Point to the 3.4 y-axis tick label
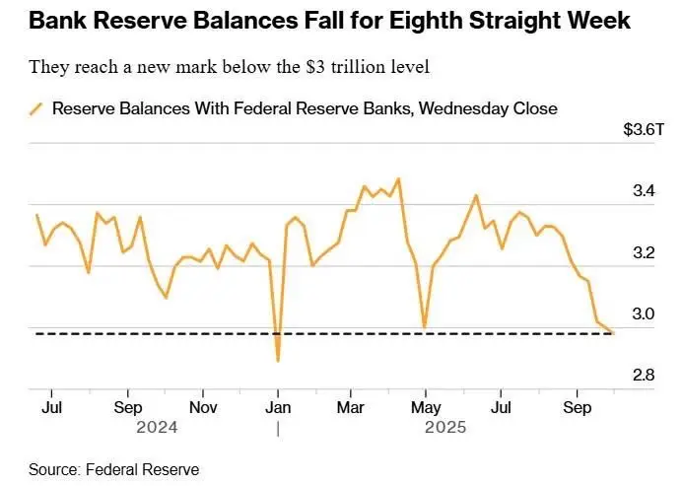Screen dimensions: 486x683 coord(642,190)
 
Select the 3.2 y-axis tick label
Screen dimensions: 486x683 coord(642,252)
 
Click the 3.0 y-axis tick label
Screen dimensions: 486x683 coord(642,313)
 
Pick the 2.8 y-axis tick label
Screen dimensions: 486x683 coord(642,375)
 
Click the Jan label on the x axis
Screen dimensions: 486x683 coord(278,405)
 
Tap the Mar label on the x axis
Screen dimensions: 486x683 coord(352,405)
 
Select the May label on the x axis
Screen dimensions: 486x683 coord(425,405)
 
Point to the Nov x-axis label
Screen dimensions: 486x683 coord(202,405)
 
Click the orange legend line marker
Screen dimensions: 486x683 coord(36,108)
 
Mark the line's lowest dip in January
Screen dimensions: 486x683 coord(278,361)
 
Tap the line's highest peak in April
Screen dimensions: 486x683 coord(398,178)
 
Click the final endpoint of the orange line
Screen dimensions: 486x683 coord(612,333)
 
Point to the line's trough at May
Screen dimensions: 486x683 coord(424,326)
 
